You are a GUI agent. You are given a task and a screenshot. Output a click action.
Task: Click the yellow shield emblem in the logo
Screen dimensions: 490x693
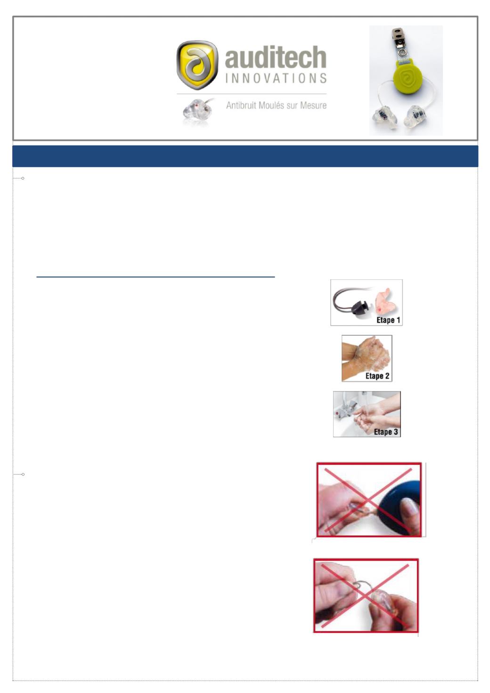(197, 65)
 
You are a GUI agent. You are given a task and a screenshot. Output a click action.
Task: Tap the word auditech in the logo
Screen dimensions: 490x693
(276, 57)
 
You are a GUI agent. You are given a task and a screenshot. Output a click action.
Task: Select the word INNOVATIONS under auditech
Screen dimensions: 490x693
(276, 78)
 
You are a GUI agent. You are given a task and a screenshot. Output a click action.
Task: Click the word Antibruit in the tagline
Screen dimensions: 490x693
(241, 105)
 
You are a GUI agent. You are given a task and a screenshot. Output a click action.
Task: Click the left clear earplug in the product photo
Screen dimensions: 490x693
(384, 117)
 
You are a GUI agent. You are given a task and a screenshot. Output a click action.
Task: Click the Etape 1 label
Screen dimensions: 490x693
(388, 320)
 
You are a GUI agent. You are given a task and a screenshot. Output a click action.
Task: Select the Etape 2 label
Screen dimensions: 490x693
(377, 376)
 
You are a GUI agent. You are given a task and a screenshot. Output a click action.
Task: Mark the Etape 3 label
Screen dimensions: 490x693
(386, 432)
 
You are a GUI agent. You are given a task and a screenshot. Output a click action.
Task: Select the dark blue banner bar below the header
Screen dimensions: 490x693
(245, 156)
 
